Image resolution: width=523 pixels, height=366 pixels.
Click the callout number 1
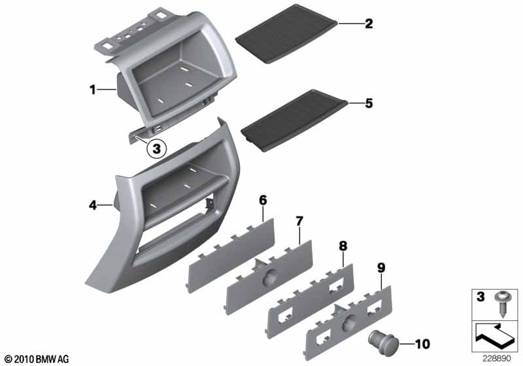coord(92,90)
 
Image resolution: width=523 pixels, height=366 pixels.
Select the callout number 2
coord(369,24)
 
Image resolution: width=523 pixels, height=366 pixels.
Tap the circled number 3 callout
coord(156,148)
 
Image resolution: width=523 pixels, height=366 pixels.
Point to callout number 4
coord(93,205)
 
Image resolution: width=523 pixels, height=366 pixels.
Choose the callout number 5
coord(369,103)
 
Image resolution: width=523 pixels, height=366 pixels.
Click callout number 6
coord(263,201)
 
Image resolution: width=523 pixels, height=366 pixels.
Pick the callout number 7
coord(299,221)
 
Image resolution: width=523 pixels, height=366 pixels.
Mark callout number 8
coord(343,246)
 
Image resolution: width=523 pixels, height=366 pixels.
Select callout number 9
coord(381,268)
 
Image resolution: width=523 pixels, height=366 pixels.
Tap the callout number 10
coord(422,344)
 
